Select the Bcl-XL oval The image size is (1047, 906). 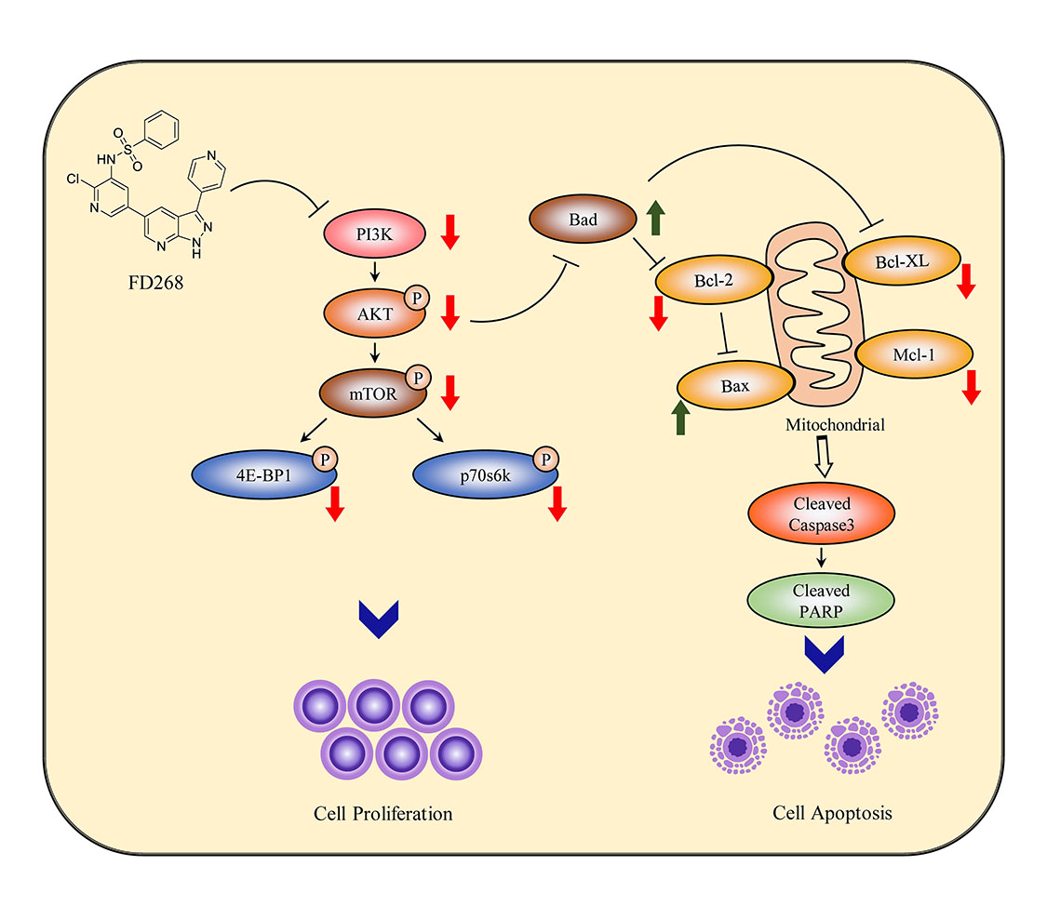tap(900, 264)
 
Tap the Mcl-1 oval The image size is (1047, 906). tap(914, 353)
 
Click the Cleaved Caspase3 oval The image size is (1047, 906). tap(822, 513)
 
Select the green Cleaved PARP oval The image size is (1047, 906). tap(822, 599)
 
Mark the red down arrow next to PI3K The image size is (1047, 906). tap(450, 233)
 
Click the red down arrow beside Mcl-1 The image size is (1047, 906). tap(972, 386)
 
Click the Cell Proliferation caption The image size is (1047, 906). tap(383, 814)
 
